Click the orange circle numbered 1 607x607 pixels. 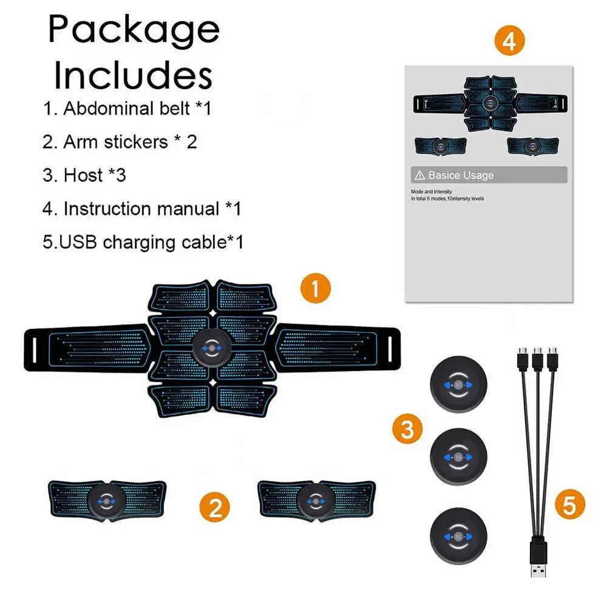point(316,287)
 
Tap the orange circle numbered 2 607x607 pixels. point(215,506)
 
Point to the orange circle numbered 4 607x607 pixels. point(509,41)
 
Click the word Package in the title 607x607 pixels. point(134,29)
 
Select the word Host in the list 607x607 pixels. point(83,175)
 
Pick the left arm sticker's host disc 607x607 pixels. point(107,501)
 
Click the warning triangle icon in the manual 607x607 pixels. point(419,175)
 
